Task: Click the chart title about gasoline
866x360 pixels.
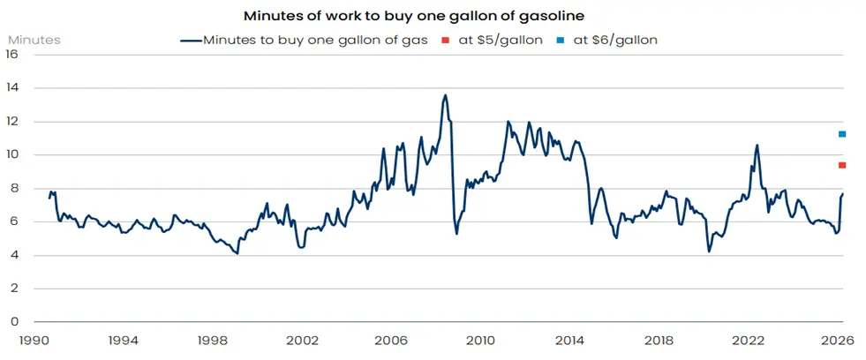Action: pyautogui.click(x=433, y=15)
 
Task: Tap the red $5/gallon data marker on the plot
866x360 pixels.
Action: pyautogui.click(x=842, y=165)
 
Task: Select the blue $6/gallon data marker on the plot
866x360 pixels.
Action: pyautogui.click(x=842, y=134)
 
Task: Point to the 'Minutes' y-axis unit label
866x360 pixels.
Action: pyautogui.click(x=34, y=40)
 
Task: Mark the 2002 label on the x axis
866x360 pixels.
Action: pyautogui.click(x=302, y=339)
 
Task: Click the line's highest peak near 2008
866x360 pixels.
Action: pyautogui.click(x=445, y=95)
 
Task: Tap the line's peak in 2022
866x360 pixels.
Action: pyautogui.click(x=757, y=145)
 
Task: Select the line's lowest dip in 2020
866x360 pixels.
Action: pyautogui.click(x=709, y=251)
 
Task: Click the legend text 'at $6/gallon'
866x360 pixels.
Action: pyautogui.click(x=616, y=41)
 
